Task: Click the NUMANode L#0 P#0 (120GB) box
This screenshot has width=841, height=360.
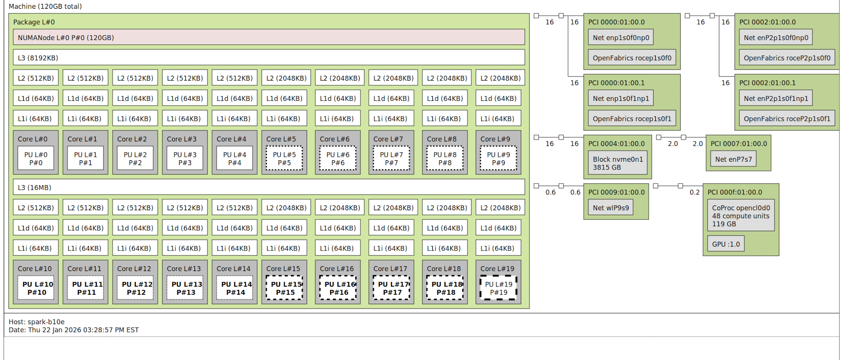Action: (x=269, y=37)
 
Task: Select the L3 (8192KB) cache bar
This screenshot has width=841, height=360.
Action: (x=269, y=57)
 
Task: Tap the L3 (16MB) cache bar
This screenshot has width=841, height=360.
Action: (x=269, y=187)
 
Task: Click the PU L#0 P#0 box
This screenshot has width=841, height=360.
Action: (x=36, y=159)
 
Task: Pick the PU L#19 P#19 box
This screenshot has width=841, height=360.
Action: (x=498, y=288)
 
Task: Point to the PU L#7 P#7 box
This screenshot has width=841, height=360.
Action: (x=391, y=159)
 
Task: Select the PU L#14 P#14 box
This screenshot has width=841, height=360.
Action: (x=236, y=288)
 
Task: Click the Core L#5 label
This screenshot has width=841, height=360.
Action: (x=281, y=139)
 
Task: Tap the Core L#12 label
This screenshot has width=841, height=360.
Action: (x=134, y=268)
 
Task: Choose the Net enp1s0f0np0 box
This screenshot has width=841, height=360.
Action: (x=621, y=38)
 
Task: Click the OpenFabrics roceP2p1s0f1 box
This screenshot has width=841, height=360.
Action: (x=787, y=119)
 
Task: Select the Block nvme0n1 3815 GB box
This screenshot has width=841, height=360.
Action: (x=618, y=163)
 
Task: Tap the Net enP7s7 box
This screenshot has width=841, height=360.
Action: (x=733, y=159)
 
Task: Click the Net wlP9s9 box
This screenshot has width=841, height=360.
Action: (x=611, y=208)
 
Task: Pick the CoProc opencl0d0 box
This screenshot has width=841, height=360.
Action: (x=741, y=215)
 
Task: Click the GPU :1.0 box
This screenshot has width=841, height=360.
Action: (x=725, y=244)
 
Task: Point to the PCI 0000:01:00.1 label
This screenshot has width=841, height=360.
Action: (x=616, y=83)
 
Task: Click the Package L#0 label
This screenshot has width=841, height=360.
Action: (x=34, y=22)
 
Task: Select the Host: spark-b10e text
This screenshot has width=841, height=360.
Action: (x=37, y=321)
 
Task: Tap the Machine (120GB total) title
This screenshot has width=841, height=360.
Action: (x=45, y=6)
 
